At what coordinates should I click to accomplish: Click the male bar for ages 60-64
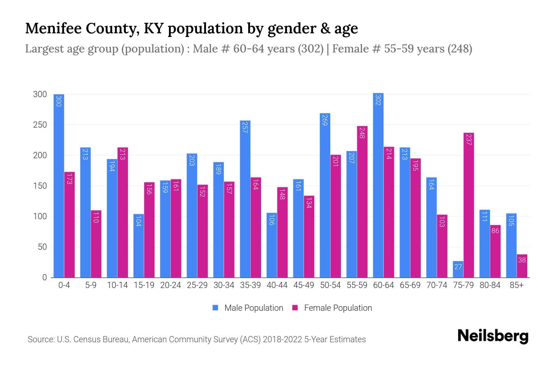click(378, 185)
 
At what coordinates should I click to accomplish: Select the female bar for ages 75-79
click(468, 205)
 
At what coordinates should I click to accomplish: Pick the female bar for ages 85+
click(522, 266)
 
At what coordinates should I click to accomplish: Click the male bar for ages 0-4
click(59, 185)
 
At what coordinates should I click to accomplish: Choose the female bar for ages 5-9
click(96, 244)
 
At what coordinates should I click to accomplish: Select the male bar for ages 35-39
click(245, 199)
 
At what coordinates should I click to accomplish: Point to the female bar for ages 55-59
click(362, 202)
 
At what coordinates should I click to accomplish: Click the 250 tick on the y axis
click(40, 125)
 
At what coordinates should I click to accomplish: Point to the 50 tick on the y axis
click(42, 247)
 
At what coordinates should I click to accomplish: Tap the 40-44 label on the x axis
click(277, 285)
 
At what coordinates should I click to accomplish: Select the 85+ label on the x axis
click(516, 285)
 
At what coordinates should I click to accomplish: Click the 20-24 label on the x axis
click(171, 285)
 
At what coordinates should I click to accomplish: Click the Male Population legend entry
click(248, 308)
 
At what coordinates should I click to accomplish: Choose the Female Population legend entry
click(332, 308)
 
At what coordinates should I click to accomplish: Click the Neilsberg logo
click(493, 336)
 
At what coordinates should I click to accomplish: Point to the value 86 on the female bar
click(495, 231)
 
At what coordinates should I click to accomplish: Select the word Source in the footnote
click(40, 339)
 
